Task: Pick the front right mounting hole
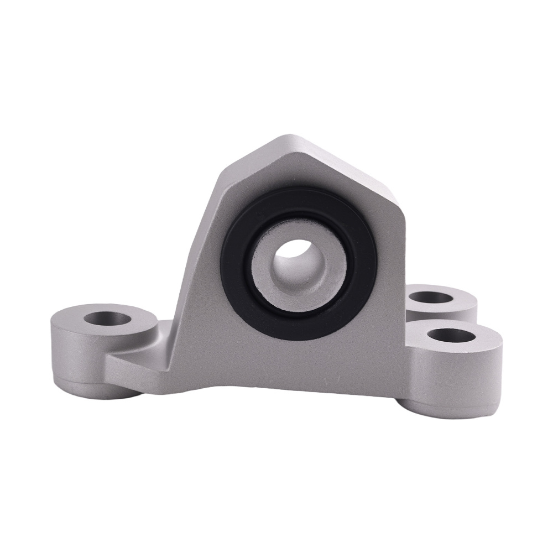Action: pos(451,335)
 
